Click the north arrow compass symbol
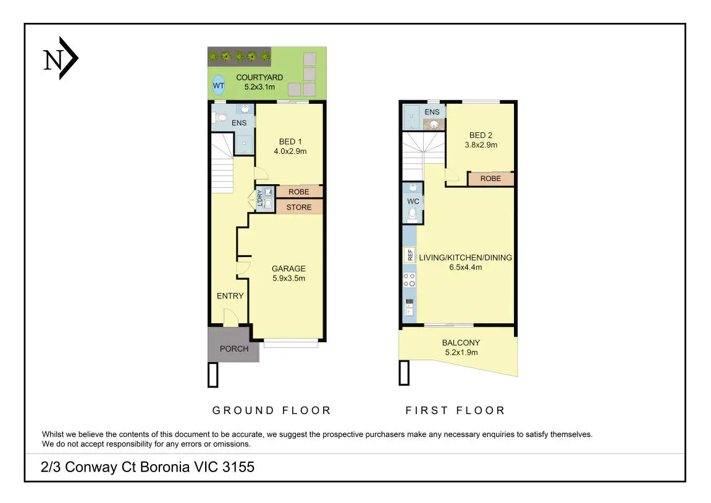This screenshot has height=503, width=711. pyautogui.click(x=61, y=59)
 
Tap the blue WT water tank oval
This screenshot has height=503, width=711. pyautogui.click(x=219, y=85)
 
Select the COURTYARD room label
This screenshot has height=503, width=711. pyautogui.click(x=259, y=78)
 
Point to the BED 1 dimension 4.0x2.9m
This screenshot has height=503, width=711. pyautogui.click(x=290, y=151)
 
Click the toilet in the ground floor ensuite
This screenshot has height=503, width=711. pyautogui.click(x=221, y=118)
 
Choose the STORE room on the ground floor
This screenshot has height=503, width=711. pyautogui.click(x=299, y=207)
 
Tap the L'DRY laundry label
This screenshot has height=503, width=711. pyautogui.click(x=259, y=198)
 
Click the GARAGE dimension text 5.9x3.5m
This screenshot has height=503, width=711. pyautogui.click(x=289, y=279)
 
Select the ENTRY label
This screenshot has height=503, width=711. pyautogui.click(x=230, y=296)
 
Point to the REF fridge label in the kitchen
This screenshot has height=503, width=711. pyautogui.click(x=410, y=255)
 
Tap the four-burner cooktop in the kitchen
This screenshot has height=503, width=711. pyautogui.click(x=409, y=280)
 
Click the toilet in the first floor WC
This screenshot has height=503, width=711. pyautogui.click(x=413, y=214)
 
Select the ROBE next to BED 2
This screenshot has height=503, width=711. pyautogui.click(x=490, y=179)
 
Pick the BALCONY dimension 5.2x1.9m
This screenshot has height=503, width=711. pyautogui.click(x=461, y=352)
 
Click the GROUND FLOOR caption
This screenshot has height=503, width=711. pyautogui.click(x=272, y=410)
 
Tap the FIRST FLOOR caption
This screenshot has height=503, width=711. pyautogui.click(x=455, y=410)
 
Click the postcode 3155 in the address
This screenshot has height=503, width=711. pyautogui.click(x=238, y=467)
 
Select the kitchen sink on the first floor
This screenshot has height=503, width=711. pyautogui.click(x=409, y=306)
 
